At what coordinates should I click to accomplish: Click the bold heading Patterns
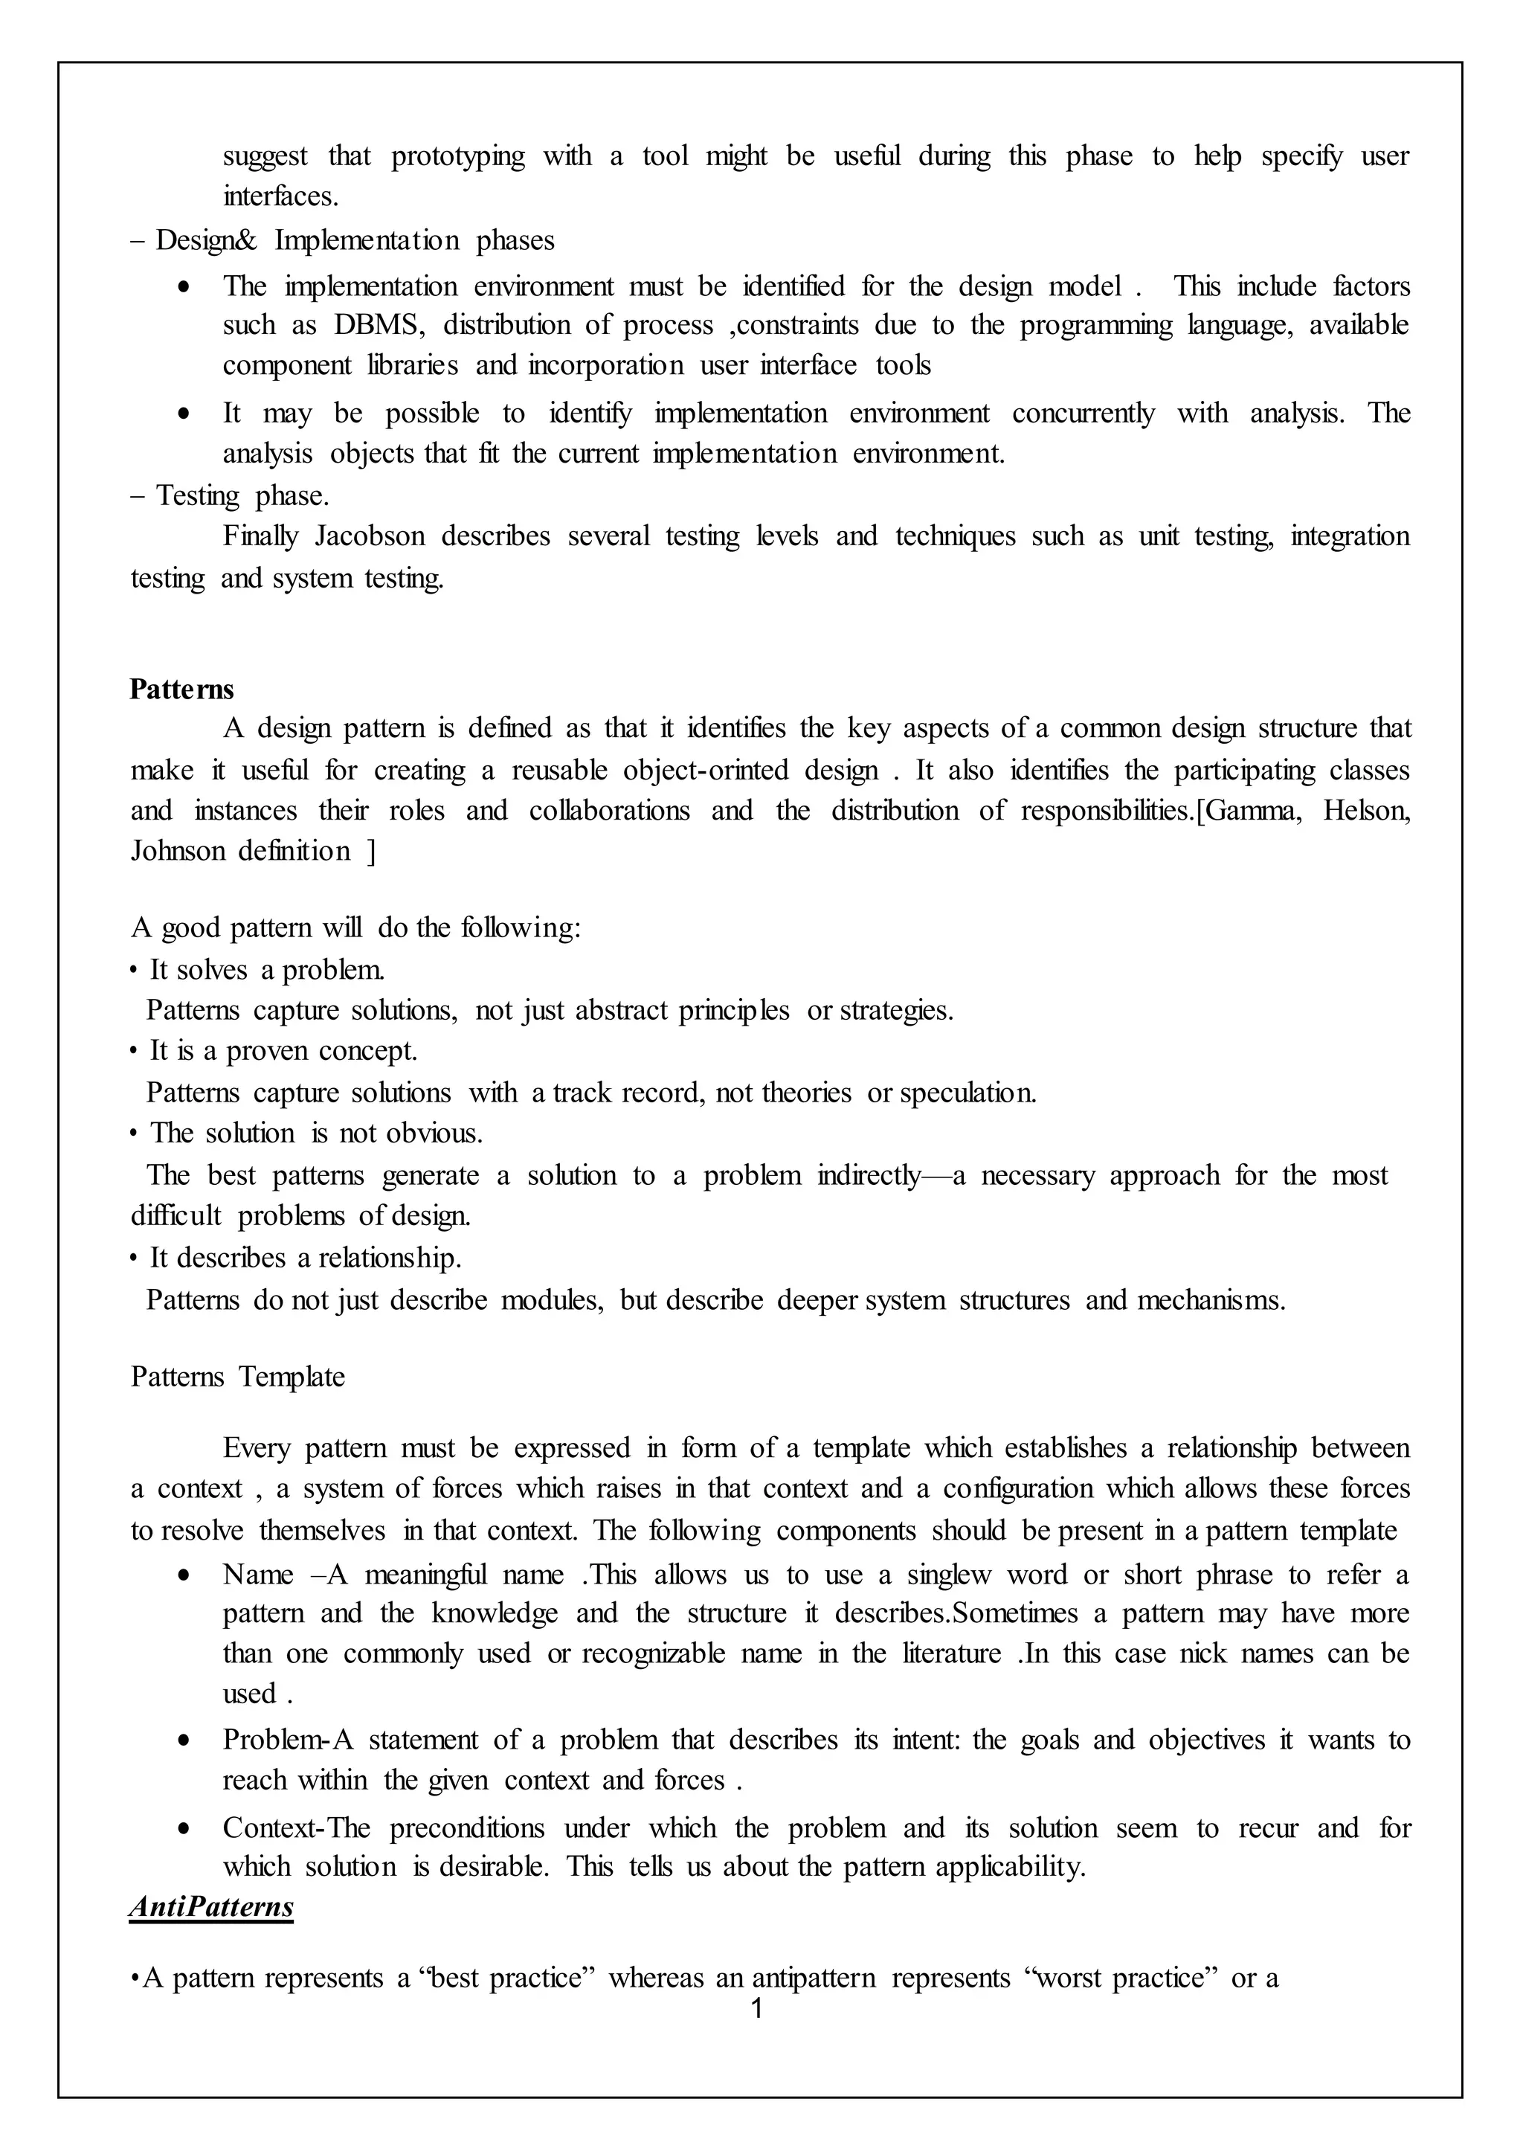coord(182,689)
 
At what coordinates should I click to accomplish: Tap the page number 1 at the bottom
coord(757,2007)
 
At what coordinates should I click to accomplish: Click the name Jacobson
coord(370,536)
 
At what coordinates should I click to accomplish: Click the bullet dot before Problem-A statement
coord(184,1742)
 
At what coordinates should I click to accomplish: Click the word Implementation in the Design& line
coord(367,241)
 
